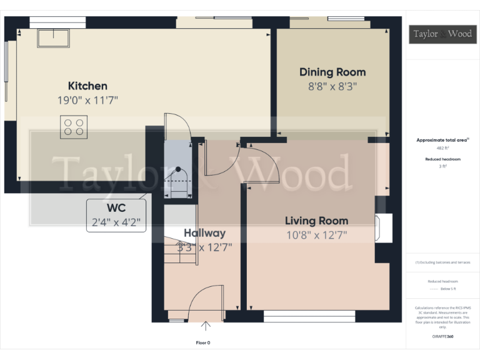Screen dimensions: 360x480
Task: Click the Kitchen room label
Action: (x=87, y=86)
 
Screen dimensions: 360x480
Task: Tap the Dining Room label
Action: (x=332, y=72)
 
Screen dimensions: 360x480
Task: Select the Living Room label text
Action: (x=316, y=221)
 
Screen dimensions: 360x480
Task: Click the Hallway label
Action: (x=204, y=233)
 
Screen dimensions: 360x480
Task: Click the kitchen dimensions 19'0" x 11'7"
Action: (x=87, y=100)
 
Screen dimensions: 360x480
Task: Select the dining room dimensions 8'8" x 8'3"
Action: (x=332, y=86)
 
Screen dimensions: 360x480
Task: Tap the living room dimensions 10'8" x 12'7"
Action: (x=316, y=235)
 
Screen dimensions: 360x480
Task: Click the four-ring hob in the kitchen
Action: (x=72, y=127)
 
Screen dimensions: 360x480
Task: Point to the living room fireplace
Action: (x=382, y=228)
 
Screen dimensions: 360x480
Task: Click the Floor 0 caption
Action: (x=203, y=342)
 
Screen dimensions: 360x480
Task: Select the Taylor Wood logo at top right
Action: (x=442, y=34)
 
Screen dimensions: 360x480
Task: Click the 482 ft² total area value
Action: (x=442, y=148)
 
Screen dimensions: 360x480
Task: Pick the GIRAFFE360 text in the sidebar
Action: (x=442, y=337)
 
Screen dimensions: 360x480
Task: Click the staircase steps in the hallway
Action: (x=180, y=250)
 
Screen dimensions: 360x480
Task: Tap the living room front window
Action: (x=309, y=317)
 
